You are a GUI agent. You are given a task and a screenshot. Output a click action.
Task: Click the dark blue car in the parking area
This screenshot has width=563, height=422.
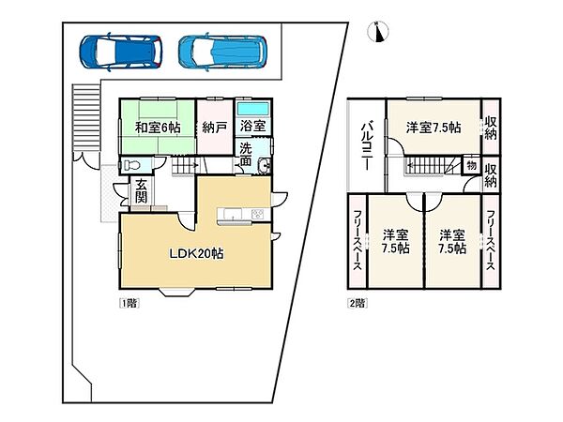click(x=121, y=52)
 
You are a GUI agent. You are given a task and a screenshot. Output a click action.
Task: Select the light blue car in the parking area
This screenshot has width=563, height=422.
click(x=222, y=52)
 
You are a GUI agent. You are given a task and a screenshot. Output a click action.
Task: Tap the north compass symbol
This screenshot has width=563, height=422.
click(x=378, y=32)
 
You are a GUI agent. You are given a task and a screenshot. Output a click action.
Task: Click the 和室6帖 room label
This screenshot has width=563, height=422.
click(x=158, y=128)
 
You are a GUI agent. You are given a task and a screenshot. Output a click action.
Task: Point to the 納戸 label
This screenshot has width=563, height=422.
click(x=214, y=128)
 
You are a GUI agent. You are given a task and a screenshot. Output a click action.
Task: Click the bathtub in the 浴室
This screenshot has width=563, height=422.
click(x=253, y=109)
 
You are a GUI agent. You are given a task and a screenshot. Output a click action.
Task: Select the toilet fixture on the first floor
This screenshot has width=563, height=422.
click(x=131, y=165)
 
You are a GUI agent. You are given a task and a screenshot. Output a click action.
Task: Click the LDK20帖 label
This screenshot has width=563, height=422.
click(x=196, y=254)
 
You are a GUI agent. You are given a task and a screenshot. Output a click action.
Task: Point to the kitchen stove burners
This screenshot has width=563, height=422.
click(x=258, y=214)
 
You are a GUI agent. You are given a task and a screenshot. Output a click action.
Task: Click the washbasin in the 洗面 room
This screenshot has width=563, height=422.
click(x=265, y=166)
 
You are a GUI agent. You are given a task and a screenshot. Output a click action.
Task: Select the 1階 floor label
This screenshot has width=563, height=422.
click(x=129, y=303)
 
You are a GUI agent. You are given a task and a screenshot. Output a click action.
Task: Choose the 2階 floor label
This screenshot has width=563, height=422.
click(x=358, y=303)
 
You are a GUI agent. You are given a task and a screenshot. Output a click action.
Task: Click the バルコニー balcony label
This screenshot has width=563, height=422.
click(x=366, y=145)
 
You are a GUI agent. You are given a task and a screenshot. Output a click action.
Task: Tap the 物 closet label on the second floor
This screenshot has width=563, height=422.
click(x=471, y=165)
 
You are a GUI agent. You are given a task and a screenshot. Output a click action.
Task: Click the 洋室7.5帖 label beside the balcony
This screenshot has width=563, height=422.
click(x=434, y=128)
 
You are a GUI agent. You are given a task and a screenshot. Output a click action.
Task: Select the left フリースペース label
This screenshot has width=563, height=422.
click(x=358, y=241)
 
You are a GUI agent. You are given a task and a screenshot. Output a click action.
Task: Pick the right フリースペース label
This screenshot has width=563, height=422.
click(x=491, y=241)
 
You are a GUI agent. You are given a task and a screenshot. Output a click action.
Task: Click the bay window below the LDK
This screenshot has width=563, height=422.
click(x=177, y=292)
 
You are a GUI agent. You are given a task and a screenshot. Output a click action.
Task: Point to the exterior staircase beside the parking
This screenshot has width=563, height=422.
click(x=85, y=118)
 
